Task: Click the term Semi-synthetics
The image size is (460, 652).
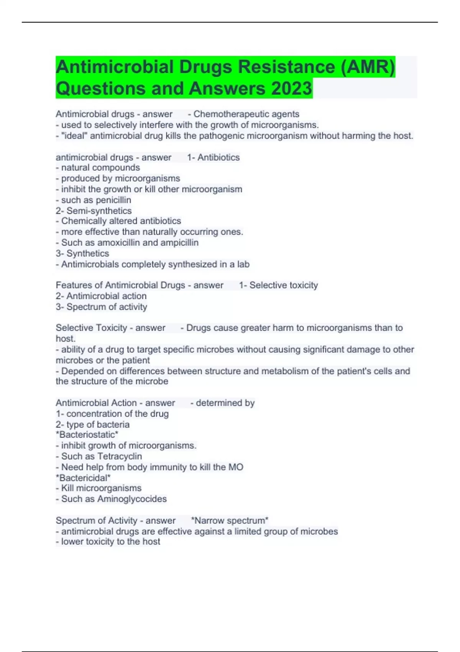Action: coord(99,211)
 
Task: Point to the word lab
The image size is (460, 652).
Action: coord(243,264)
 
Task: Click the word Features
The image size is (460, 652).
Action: coord(74,285)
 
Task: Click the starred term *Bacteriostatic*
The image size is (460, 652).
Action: coord(87,435)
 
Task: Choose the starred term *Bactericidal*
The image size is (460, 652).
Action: coord(83,478)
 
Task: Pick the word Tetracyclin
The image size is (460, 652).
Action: coord(120,456)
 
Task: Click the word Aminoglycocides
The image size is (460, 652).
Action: coord(132,499)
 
